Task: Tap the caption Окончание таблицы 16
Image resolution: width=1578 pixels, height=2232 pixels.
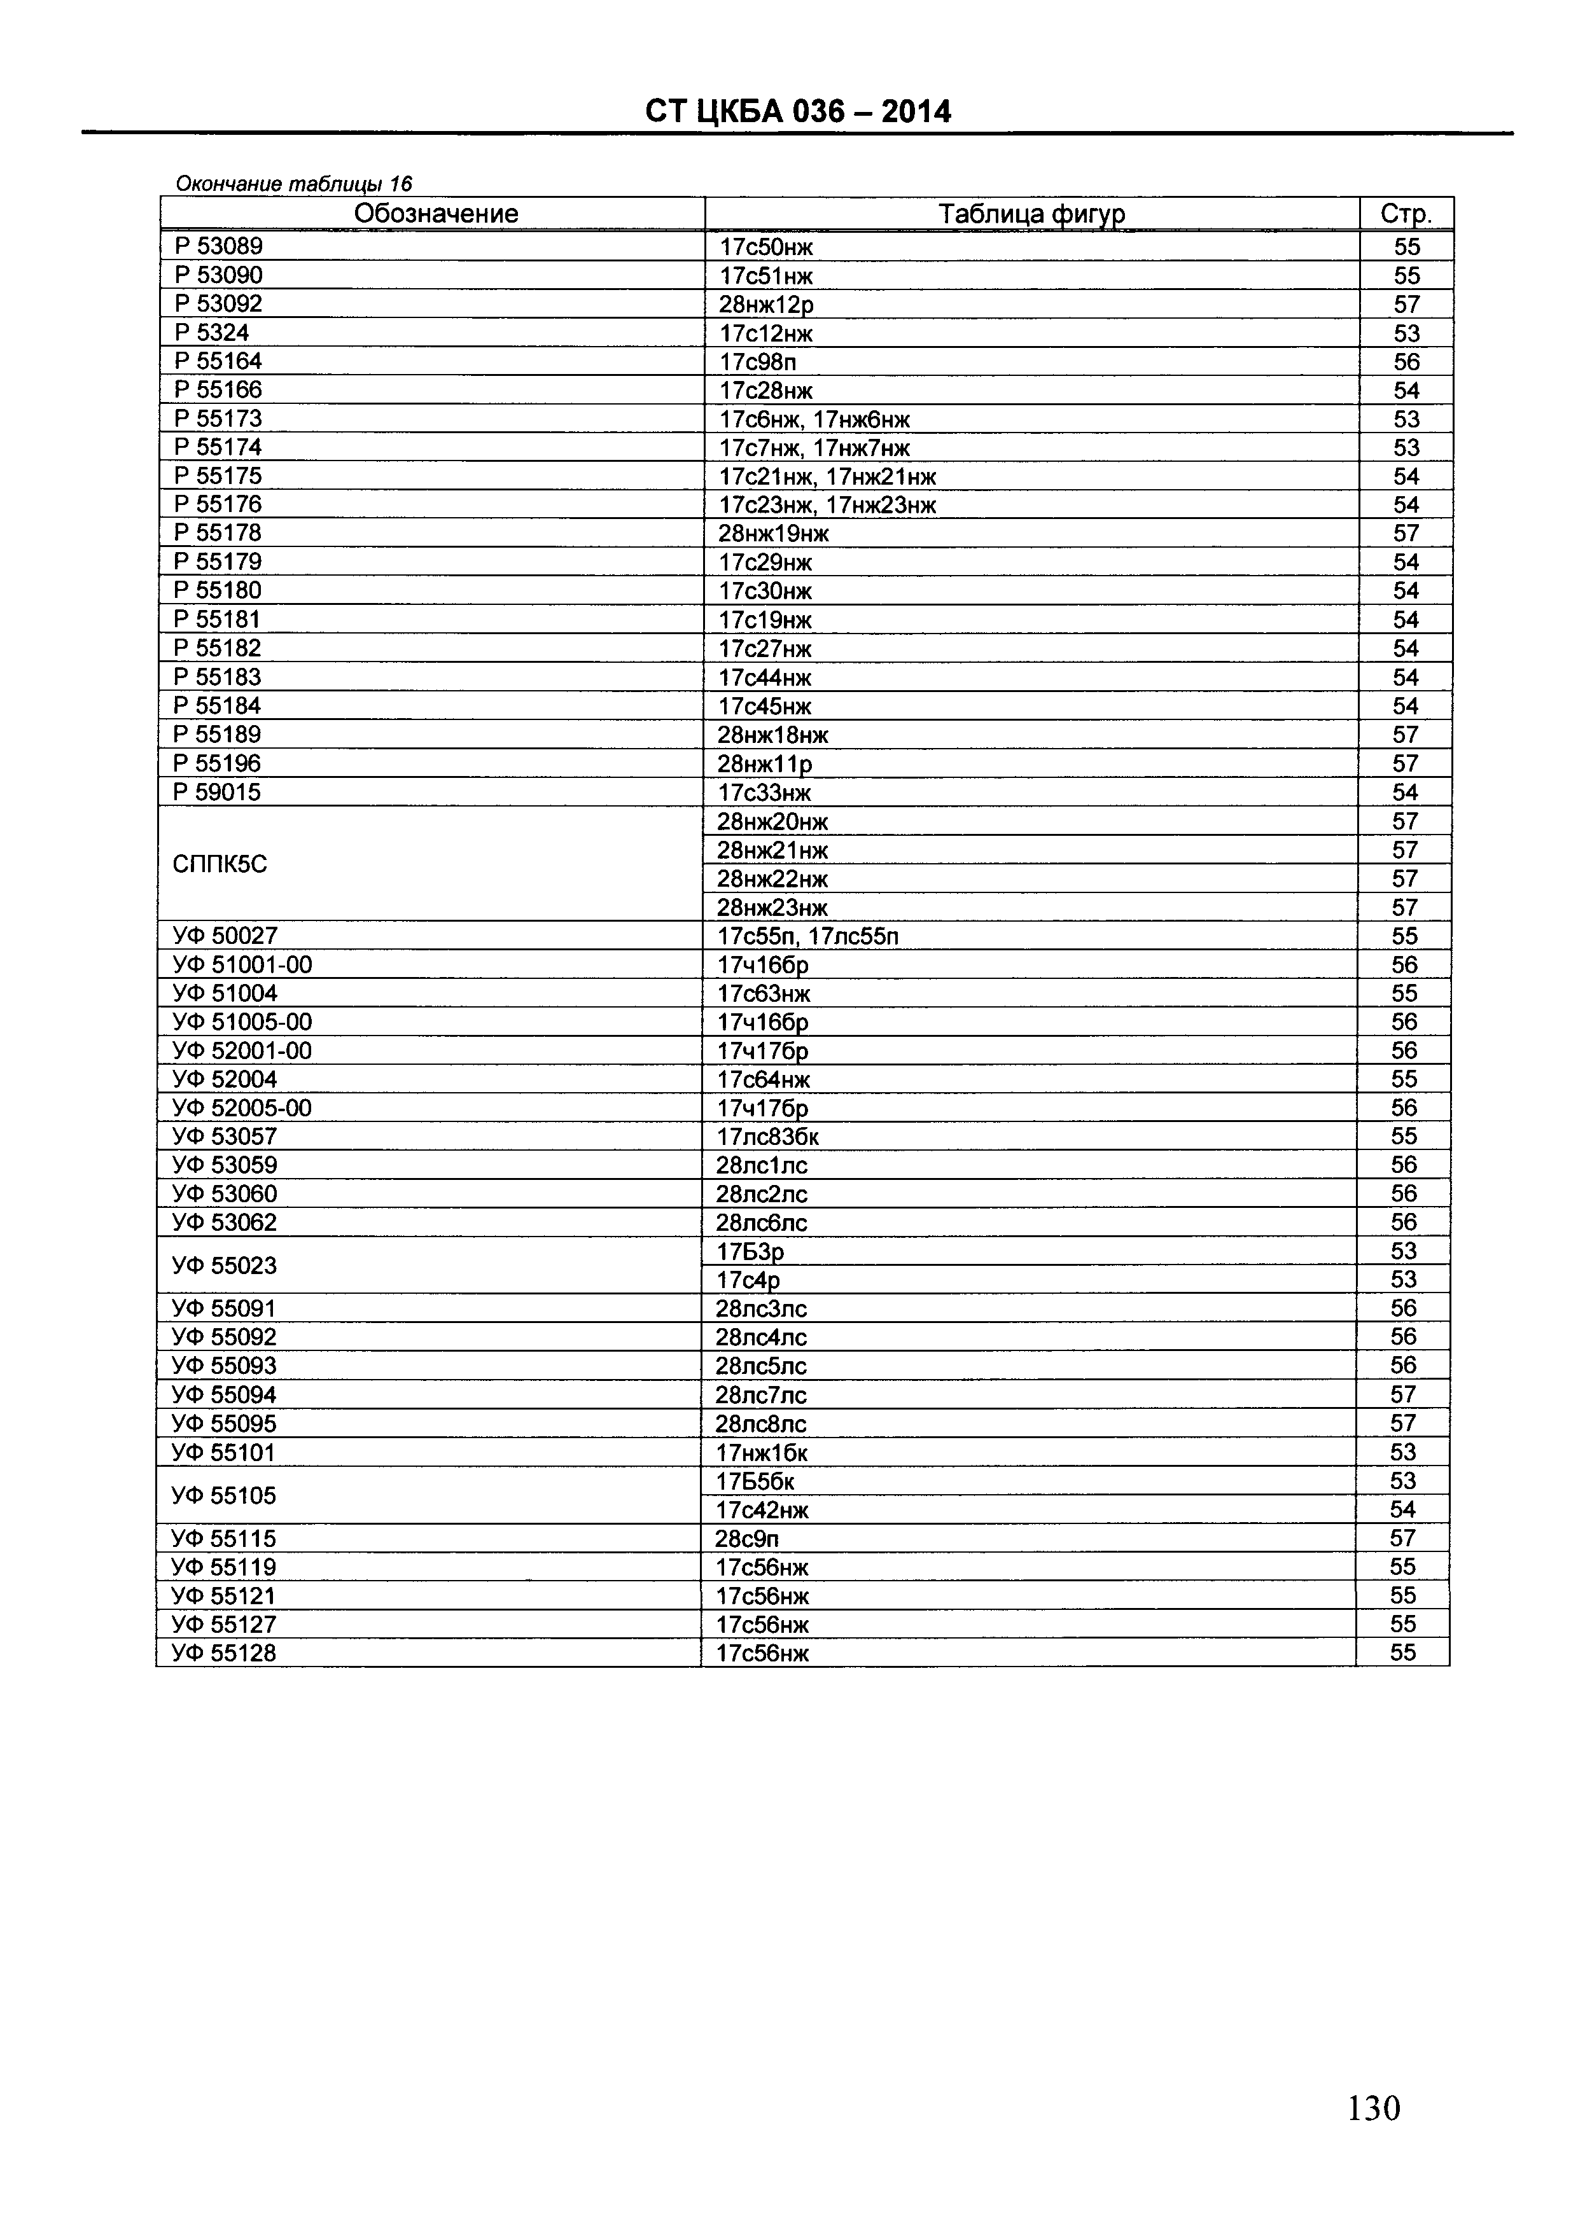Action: click(x=293, y=184)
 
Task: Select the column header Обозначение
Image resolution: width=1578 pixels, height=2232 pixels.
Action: click(x=436, y=214)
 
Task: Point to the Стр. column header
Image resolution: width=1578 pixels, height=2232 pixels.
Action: click(x=1406, y=214)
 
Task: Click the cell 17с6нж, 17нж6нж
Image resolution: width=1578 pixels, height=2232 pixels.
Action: click(x=814, y=419)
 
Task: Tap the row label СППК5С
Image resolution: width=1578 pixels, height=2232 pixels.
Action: click(x=219, y=864)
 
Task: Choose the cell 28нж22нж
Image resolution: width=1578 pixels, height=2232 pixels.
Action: click(x=773, y=879)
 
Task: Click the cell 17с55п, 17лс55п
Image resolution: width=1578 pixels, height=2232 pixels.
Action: click(x=808, y=936)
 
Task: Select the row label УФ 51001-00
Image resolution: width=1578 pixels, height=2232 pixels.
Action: click(x=242, y=964)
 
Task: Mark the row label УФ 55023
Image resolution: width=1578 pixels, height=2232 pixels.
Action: click(x=225, y=1266)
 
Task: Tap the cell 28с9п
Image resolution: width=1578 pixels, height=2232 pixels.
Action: click(x=747, y=1539)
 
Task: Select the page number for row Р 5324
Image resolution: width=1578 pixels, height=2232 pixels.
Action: click(x=1406, y=333)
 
